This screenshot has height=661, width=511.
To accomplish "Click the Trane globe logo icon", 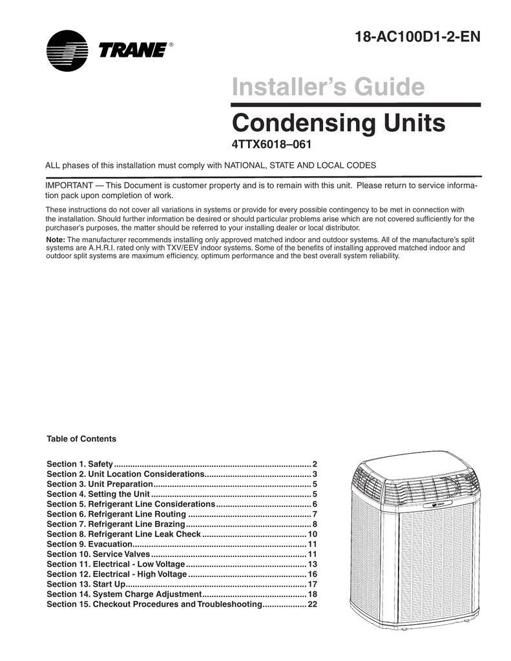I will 67,51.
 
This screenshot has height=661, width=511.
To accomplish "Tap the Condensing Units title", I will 338,123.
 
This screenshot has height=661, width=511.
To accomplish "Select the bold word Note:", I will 55,239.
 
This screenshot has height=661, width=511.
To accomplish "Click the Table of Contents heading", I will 81,439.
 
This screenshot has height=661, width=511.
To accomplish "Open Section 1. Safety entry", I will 79,464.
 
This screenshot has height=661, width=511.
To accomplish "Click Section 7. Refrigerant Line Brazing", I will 116,524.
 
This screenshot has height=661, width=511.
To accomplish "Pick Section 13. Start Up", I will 86,584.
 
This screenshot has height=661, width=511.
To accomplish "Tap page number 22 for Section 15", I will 312,604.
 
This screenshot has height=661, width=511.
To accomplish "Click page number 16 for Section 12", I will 312,575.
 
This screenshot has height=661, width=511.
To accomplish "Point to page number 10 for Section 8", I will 312,534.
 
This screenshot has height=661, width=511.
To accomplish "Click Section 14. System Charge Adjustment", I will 125,595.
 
